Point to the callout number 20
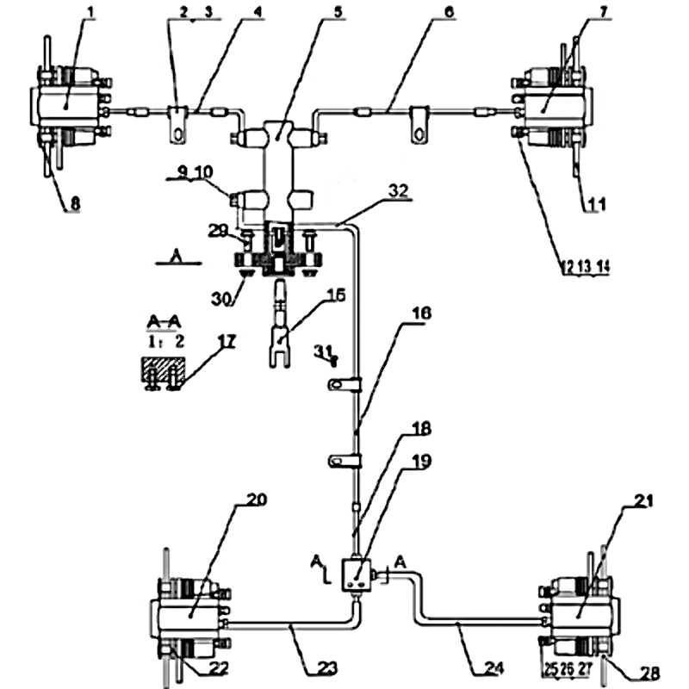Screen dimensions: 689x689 [x=258, y=499]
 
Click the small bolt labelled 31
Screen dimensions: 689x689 [x=334, y=357]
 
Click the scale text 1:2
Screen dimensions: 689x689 [x=163, y=338]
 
